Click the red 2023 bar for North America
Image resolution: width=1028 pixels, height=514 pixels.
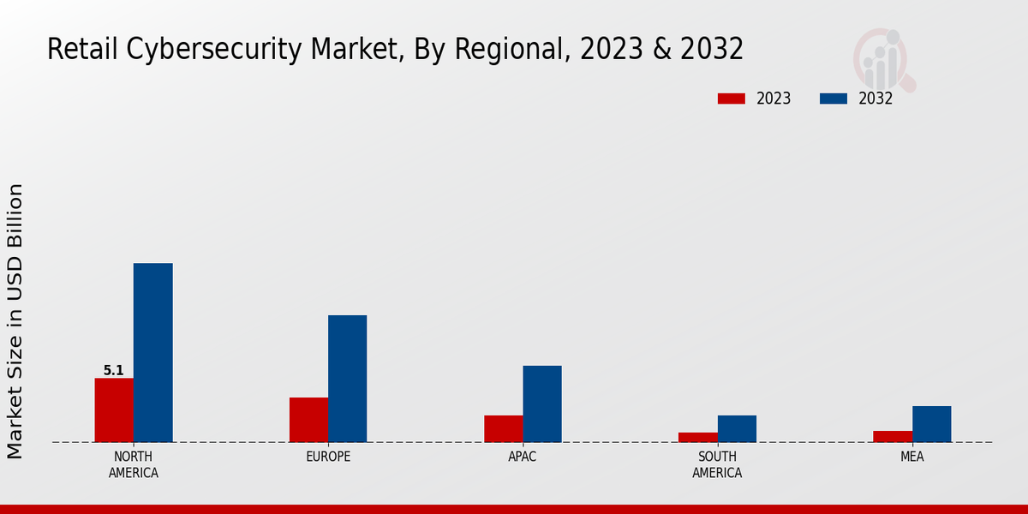point(114,410)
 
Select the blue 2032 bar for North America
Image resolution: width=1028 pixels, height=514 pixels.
point(152,353)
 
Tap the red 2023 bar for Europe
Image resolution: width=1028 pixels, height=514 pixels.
point(308,420)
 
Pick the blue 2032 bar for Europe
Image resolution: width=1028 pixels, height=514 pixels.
point(347,379)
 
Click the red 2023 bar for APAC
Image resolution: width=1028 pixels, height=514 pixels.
point(503,429)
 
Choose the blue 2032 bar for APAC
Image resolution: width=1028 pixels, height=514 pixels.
point(542,404)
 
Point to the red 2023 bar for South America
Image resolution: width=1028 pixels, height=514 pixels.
point(697,438)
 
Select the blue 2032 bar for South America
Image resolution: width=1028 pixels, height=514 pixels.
point(737,429)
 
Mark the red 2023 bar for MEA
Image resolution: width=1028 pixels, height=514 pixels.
point(892,437)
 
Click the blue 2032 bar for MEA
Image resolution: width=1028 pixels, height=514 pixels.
point(931,424)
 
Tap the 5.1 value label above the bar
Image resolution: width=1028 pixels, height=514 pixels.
point(114,371)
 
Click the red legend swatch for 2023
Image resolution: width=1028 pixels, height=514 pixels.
point(731,99)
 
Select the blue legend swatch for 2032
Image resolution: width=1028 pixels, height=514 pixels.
point(833,99)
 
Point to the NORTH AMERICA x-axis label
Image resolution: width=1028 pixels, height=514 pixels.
point(134,465)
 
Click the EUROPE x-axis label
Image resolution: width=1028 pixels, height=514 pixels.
point(328,457)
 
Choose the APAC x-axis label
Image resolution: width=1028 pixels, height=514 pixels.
point(523,457)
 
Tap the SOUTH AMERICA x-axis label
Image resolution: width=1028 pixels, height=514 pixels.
point(717,465)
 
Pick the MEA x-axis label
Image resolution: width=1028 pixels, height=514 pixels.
point(911,457)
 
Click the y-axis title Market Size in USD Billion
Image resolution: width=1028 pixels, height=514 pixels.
point(16,321)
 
